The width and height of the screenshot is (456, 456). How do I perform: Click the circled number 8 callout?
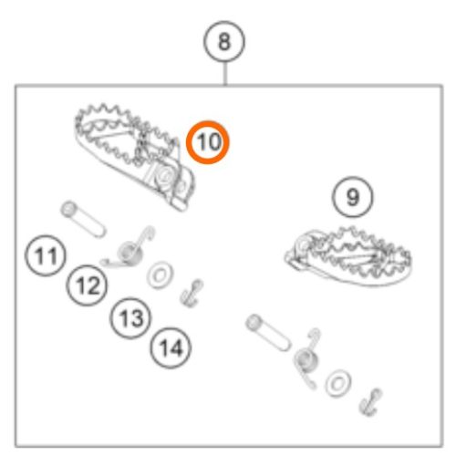224,41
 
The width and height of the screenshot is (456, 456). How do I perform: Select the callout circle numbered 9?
353,196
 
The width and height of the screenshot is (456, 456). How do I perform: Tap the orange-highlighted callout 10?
209,142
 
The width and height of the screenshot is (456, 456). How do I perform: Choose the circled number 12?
88,287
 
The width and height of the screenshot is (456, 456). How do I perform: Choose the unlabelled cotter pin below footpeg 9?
371,399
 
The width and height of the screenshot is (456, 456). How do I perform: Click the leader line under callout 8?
224,73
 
